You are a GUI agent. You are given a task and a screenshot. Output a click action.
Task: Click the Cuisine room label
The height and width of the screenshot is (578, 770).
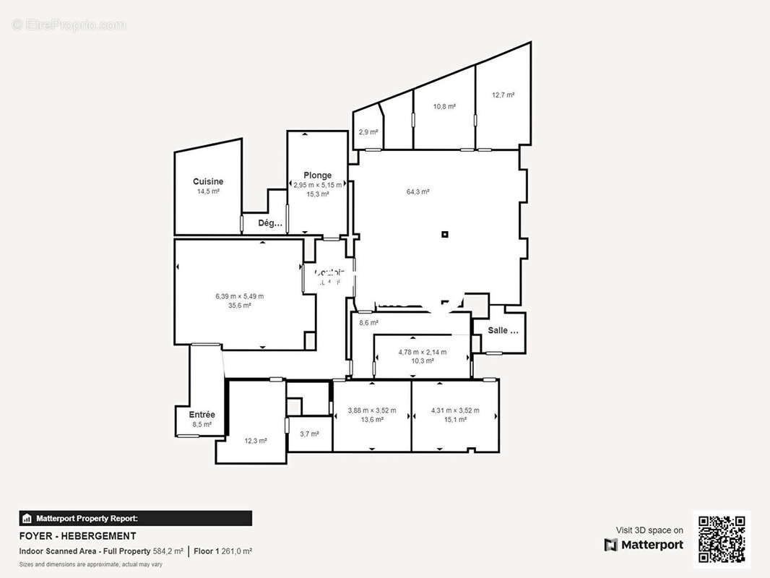[x=208, y=181]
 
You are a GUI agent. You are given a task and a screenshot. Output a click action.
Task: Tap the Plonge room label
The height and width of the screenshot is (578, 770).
[x=317, y=175]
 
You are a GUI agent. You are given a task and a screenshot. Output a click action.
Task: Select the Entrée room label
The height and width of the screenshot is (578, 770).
[x=202, y=415]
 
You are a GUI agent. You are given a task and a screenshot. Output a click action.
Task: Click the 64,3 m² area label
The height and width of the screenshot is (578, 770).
[x=418, y=191]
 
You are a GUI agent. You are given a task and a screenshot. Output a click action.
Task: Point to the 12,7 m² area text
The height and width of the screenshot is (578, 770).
[x=503, y=95]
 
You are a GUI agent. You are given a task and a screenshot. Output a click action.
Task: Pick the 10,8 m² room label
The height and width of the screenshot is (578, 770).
[x=444, y=106]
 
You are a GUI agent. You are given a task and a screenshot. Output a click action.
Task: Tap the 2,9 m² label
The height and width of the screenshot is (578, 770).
[x=368, y=132]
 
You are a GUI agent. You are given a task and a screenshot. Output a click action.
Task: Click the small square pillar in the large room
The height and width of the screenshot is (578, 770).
[x=445, y=234]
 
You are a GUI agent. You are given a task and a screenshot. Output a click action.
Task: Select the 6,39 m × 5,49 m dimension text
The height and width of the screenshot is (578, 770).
[x=239, y=296]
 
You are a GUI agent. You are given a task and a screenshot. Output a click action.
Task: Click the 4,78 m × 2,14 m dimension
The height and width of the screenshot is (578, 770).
[x=422, y=353]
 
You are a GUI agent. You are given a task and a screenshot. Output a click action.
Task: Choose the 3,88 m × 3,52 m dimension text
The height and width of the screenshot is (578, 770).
[x=371, y=410]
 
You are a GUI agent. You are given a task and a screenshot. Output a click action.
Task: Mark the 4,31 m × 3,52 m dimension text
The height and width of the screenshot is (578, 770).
[x=454, y=410]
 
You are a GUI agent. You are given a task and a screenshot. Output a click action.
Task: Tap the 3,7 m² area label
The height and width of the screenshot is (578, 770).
[x=309, y=433]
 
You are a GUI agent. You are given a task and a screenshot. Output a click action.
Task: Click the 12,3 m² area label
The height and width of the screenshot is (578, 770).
[x=256, y=441]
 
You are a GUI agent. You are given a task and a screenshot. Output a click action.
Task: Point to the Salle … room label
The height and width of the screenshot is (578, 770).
[x=503, y=330]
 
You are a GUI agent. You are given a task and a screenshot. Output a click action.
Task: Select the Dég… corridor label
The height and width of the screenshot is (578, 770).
[x=270, y=223]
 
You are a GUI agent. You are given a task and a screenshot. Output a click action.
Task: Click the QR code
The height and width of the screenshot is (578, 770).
[x=722, y=540]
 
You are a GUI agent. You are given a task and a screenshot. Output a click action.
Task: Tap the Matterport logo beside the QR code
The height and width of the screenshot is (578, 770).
[x=644, y=545]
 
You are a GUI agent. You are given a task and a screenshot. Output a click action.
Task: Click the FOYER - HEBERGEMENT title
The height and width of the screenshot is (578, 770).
[x=77, y=536]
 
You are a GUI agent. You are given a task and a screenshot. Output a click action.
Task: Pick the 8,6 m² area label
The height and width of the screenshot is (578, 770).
[x=368, y=323]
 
